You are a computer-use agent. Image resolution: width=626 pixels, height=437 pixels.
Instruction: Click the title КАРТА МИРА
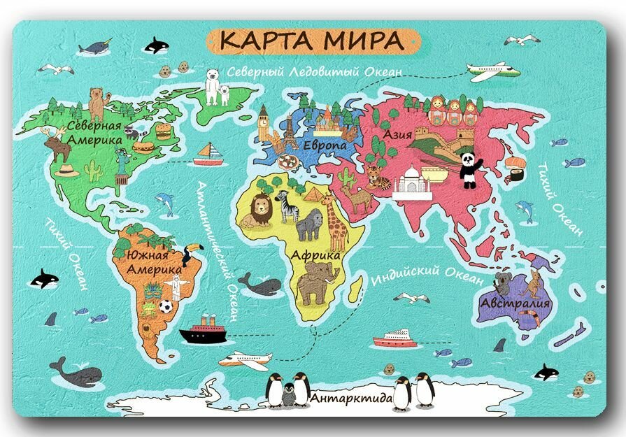pos(312,41)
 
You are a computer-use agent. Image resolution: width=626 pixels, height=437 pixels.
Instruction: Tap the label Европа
pos(325,145)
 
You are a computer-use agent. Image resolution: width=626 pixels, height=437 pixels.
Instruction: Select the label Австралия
pos(515,304)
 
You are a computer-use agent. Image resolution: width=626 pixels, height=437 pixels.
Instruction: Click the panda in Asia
pos(469,170)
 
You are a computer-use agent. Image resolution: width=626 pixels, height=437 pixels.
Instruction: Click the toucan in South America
pos(190,254)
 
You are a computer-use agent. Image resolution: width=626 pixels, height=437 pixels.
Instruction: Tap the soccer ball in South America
pos(165,306)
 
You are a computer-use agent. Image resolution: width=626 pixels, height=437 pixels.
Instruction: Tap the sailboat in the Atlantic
pos(208,154)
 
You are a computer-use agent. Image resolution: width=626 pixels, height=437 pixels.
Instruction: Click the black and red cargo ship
pos(203,330)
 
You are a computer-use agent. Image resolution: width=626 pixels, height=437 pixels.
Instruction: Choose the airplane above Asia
pos(494,71)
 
